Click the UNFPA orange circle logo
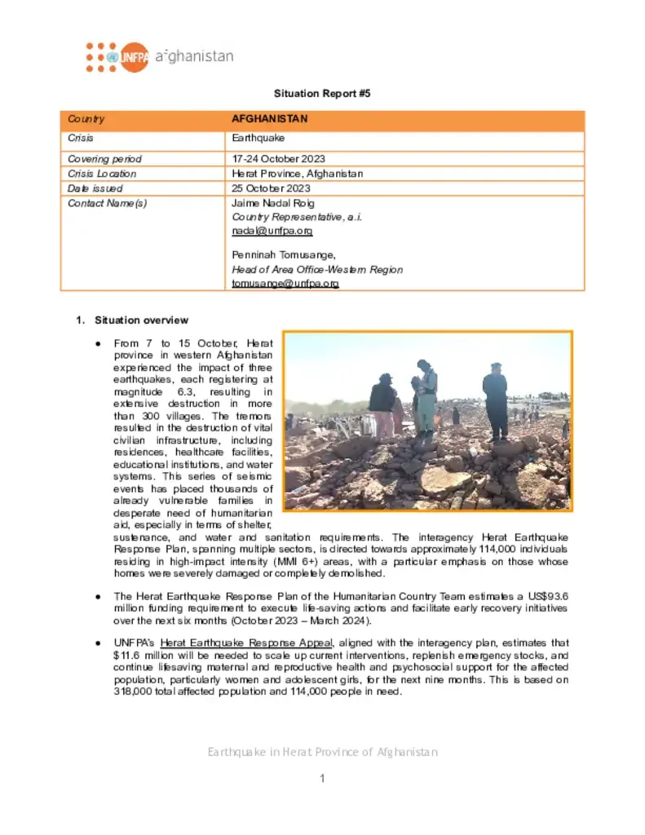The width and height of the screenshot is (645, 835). (x=134, y=57)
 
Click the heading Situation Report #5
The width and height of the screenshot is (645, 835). (x=321, y=94)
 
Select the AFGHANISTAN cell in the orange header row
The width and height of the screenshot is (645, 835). (x=270, y=119)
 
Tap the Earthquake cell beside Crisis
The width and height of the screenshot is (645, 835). (x=258, y=139)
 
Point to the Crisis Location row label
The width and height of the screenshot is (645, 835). (x=102, y=174)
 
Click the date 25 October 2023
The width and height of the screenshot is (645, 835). (x=272, y=188)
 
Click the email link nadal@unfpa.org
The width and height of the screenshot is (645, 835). (x=267, y=232)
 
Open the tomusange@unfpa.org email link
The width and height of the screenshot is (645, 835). (x=285, y=283)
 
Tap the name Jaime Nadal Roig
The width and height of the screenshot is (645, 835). (x=273, y=203)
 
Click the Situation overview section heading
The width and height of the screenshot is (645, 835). (x=141, y=320)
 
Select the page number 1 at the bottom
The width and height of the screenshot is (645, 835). (x=322, y=779)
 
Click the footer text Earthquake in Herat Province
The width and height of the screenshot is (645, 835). (x=322, y=752)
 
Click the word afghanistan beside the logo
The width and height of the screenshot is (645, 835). (x=193, y=56)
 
